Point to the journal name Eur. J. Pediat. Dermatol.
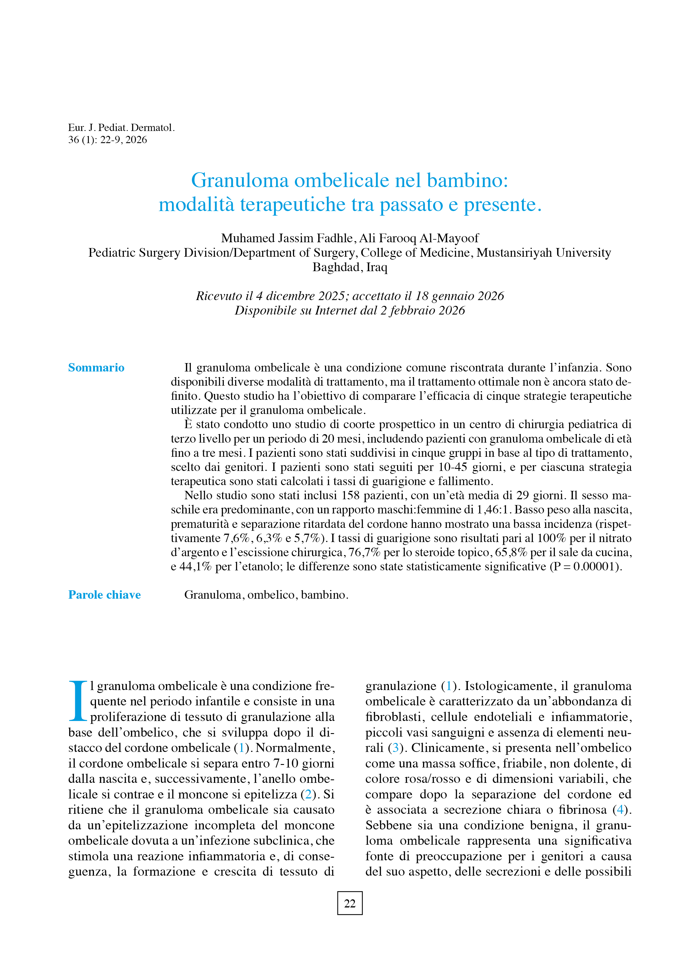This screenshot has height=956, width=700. [x=121, y=127]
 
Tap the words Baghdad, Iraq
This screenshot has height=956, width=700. [x=350, y=267]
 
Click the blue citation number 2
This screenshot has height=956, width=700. [x=308, y=794]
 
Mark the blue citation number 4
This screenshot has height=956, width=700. [x=620, y=809]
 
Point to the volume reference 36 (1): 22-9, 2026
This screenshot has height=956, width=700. [x=108, y=140]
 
